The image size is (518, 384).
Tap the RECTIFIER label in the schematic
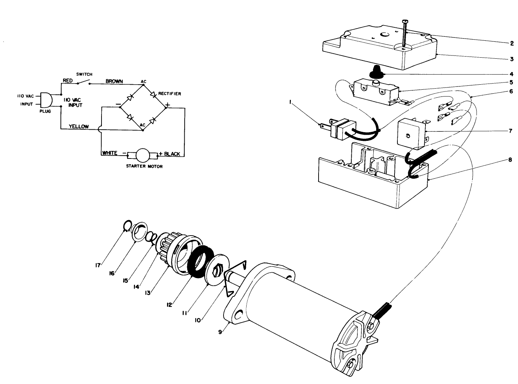pyautogui.click(x=170, y=94)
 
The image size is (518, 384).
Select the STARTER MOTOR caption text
pyautogui.click(x=144, y=166)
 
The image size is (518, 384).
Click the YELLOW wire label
pyautogui.click(x=78, y=126)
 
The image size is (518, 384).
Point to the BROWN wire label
pyautogui.click(x=114, y=81)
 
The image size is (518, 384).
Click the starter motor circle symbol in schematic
pyautogui.click(x=143, y=156)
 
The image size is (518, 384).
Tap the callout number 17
pyautogui.click(x=98, y=265)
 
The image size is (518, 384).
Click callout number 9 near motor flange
pyautogui.click(x=220, y=332)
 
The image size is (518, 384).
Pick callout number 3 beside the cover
pyautogui.click(x=511, y=58)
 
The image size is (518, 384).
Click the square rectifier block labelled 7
pyautogui.click(x=410, y=134)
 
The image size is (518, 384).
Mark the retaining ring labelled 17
pyautogui.click(x=125, y=227)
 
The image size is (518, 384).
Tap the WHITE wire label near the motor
pyautogui.click(x=109, y=153)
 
